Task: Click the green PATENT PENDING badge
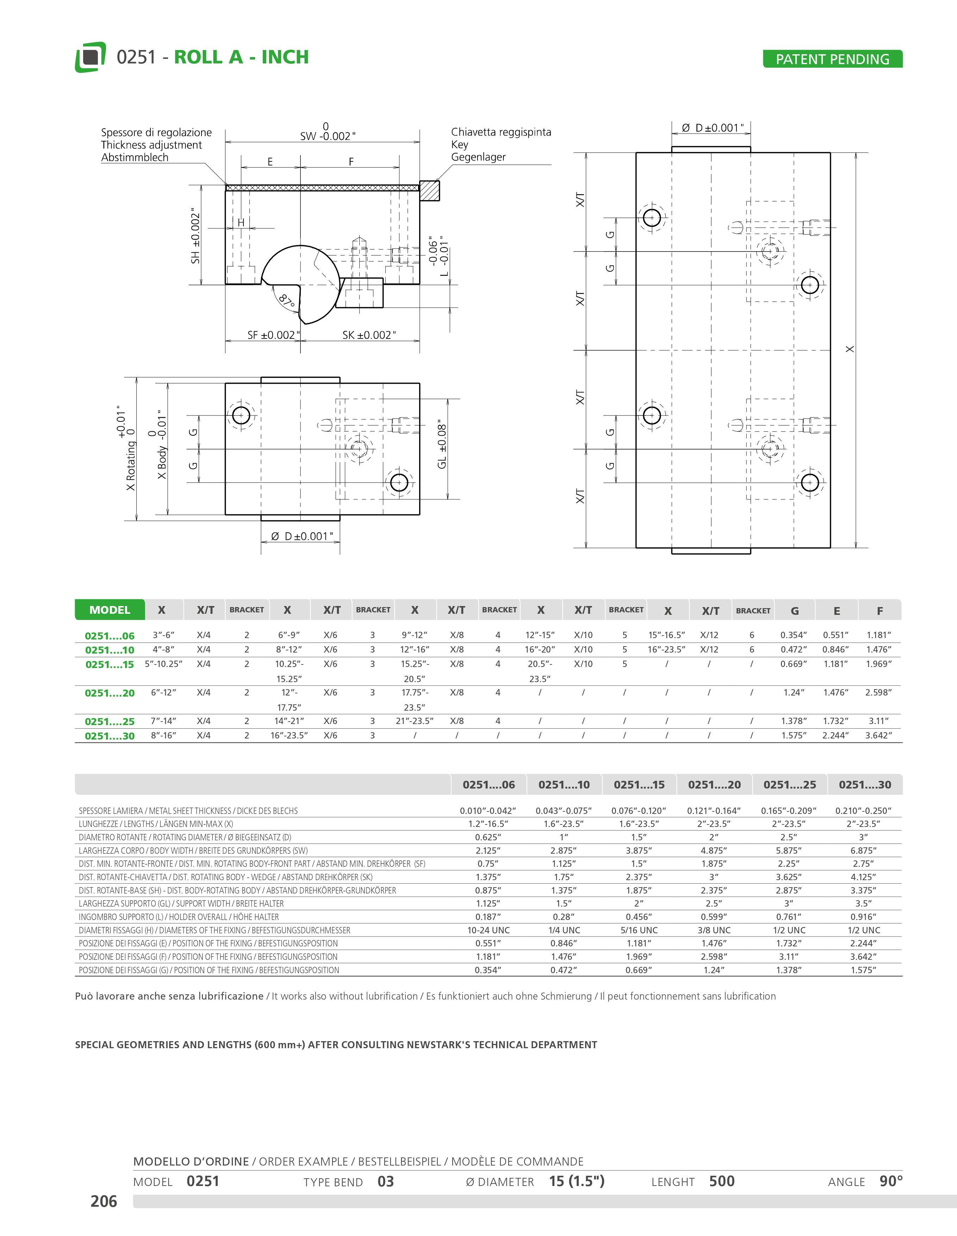[x=832, y=59]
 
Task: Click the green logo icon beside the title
[x=90, y=57]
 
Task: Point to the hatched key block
[x=429, y=190]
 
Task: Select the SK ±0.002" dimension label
[x=369, y=335]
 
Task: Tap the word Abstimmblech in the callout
[x=135, y=157]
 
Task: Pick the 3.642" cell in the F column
[x=878, y=735]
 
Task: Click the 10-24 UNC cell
[x=488, y=930]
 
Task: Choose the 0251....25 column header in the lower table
[x=790, y=784]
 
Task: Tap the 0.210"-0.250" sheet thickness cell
[x=864, y=810]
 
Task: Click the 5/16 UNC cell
[x=639, y=930]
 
